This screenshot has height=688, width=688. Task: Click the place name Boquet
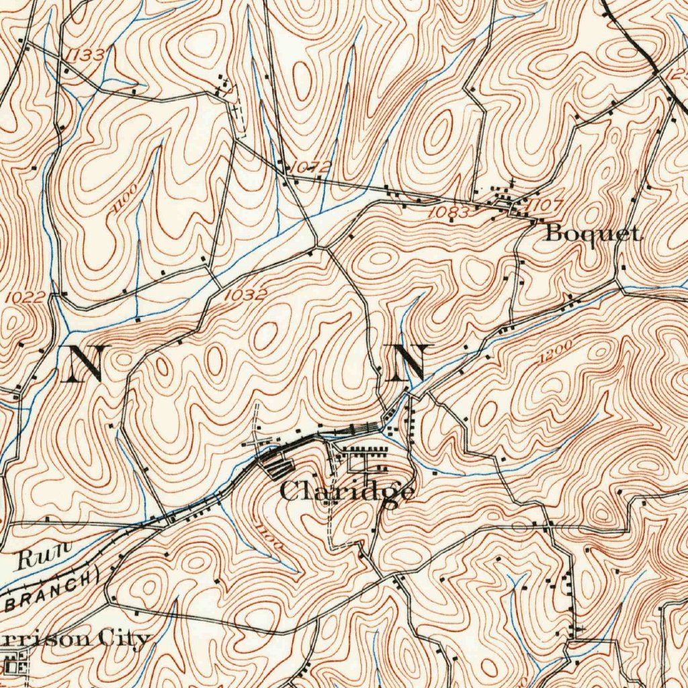coord(591,234)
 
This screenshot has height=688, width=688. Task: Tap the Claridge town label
coord(346,492)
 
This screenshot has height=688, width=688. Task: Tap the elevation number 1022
coord(24,296)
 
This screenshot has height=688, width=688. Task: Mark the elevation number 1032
coord(245,294)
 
